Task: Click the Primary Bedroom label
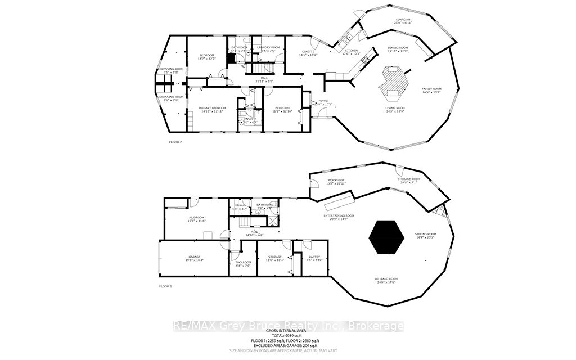(x=212, y=109)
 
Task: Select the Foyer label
(x=323, y=102)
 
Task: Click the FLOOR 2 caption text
(x=175, y=142)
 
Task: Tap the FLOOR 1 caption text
(x=166, y=287)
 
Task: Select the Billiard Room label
(x=386, y=280)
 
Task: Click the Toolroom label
(x=242, y=263)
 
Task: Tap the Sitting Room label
(x=425, y=235)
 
